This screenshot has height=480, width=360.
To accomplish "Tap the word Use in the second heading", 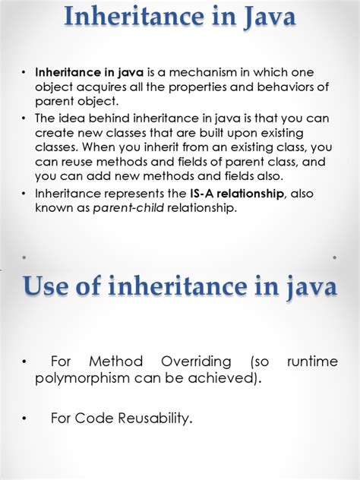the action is tap(52, 287).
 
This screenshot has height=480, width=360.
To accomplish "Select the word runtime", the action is tap(311, 362).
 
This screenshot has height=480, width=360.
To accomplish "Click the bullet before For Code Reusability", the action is tap(25, 417).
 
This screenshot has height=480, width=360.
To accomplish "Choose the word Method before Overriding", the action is tap(113, 362).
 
